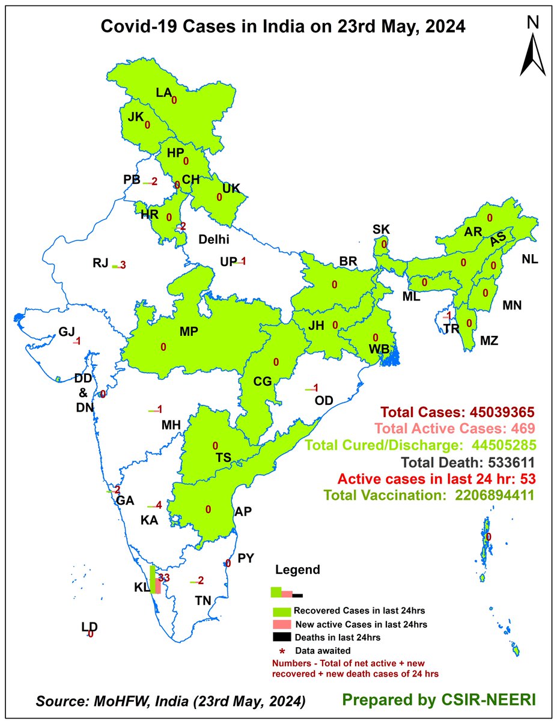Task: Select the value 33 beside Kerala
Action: coord(165,577)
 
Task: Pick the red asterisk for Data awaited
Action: coord(281,651)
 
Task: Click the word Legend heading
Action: coord(297,570)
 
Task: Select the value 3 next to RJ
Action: coord(123,265)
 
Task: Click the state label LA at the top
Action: coord(164,93)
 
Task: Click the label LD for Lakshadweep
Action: coord(90,627)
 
